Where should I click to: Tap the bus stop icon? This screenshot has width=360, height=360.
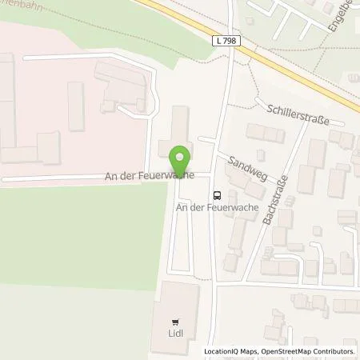pos(217,194)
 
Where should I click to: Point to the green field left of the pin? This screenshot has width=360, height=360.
pos(72,232)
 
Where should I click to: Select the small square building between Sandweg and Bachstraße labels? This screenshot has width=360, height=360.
pos(261,156)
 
